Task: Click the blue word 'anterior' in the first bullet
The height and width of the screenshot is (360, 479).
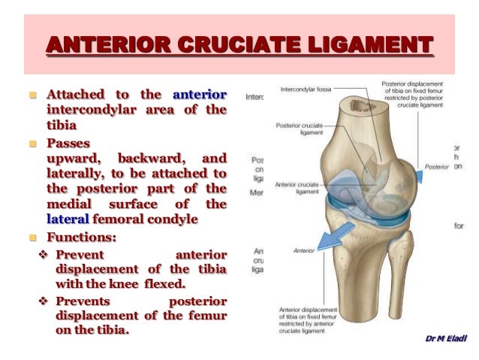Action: pyautogui.click(x=200, y=95)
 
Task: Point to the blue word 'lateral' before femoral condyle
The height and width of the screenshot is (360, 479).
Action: pyautogui.click(x=68, y=219)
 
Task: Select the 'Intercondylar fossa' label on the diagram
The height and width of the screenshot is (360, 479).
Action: pyautogui.click(x=305, y=89)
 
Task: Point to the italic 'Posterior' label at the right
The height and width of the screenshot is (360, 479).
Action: pyautogui.click(x=436, y=166)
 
